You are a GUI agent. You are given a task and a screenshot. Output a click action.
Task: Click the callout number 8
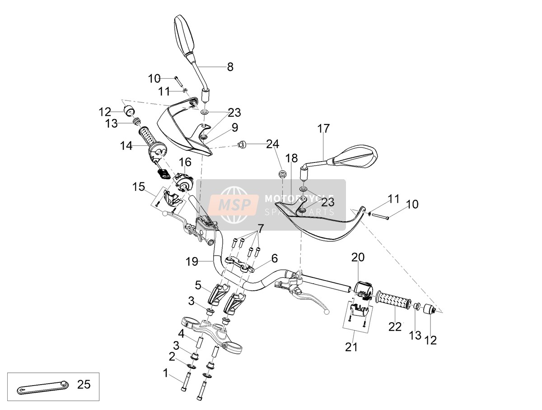(x=230, y=67)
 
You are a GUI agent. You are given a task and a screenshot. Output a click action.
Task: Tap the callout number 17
(x=323, y=129)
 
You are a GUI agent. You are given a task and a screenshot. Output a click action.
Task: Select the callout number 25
(x=84, y=384)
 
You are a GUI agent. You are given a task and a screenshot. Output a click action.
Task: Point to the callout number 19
(x=192, y=262)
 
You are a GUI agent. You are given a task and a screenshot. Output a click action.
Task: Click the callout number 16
(x=185, y=162)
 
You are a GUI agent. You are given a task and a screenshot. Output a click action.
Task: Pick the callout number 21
(x=351, y=347)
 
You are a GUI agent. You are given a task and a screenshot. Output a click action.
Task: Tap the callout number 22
(x=395, y=327)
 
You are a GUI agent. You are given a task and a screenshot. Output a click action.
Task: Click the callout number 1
(x=166, y=373)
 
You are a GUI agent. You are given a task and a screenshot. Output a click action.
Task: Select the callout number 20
(x=358, y=257)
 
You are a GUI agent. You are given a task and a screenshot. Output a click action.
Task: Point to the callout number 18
(x=292, y=158)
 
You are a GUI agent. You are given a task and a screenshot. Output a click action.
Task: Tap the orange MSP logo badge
(x=234, y=205)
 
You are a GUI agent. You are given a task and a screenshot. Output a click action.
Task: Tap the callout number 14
(x=126, y=146)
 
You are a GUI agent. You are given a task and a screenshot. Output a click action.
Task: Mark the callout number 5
(x=198, y=285)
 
